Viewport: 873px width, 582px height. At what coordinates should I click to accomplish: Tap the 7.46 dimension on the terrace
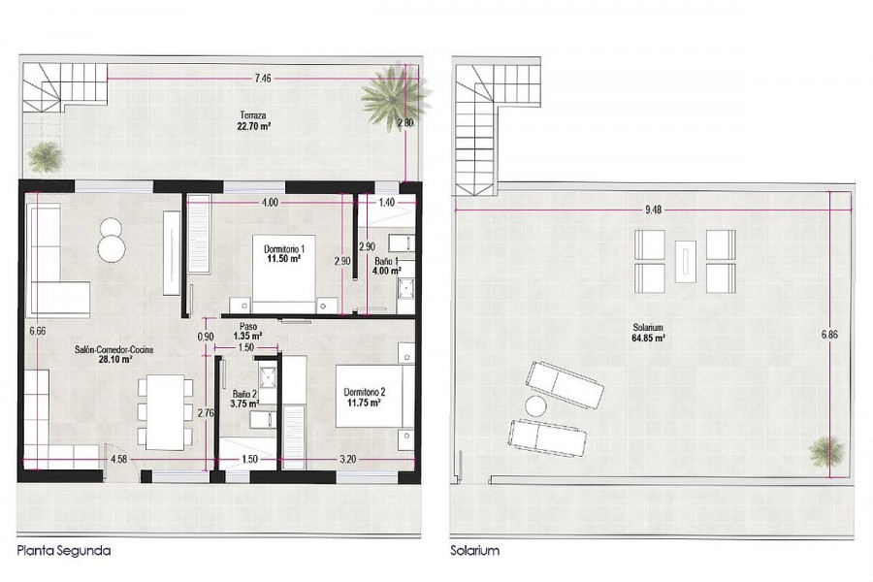click(263, 79)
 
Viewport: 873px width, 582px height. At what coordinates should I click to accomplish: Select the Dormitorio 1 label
click(284, 249)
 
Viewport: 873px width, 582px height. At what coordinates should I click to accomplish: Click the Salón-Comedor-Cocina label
click(114, 350)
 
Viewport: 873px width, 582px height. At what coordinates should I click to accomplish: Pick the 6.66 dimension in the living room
click(37, 331)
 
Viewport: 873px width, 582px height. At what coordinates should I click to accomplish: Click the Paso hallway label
click(247, 327)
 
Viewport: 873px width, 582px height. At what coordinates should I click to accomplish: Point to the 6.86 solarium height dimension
click(829, 335)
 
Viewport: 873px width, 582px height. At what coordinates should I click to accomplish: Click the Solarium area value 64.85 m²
click(648, 338)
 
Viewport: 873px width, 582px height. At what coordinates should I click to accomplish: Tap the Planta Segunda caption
click(64, 551)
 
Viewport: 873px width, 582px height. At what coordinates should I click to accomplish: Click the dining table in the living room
click(165, 412)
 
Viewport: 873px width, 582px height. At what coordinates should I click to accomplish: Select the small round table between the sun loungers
click(535, 406)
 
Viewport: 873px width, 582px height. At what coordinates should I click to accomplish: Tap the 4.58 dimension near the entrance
click(119, 460)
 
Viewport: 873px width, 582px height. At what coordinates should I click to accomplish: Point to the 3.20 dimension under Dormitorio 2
click(347, 460)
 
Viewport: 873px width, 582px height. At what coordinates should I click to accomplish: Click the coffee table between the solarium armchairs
click(685, 261)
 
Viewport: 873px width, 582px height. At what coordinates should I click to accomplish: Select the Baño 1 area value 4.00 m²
click(387, 272)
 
